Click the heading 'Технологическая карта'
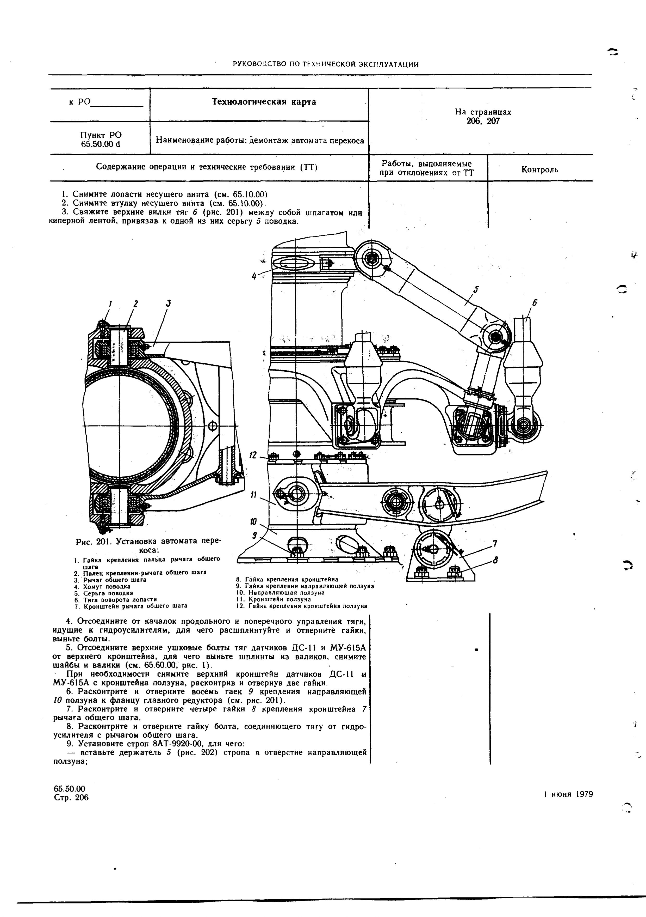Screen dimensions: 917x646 point(264,102)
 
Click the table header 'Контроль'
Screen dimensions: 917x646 point(539,169)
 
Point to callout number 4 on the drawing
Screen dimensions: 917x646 point(254,276)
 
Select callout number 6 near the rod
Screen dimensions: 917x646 point(535,303)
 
